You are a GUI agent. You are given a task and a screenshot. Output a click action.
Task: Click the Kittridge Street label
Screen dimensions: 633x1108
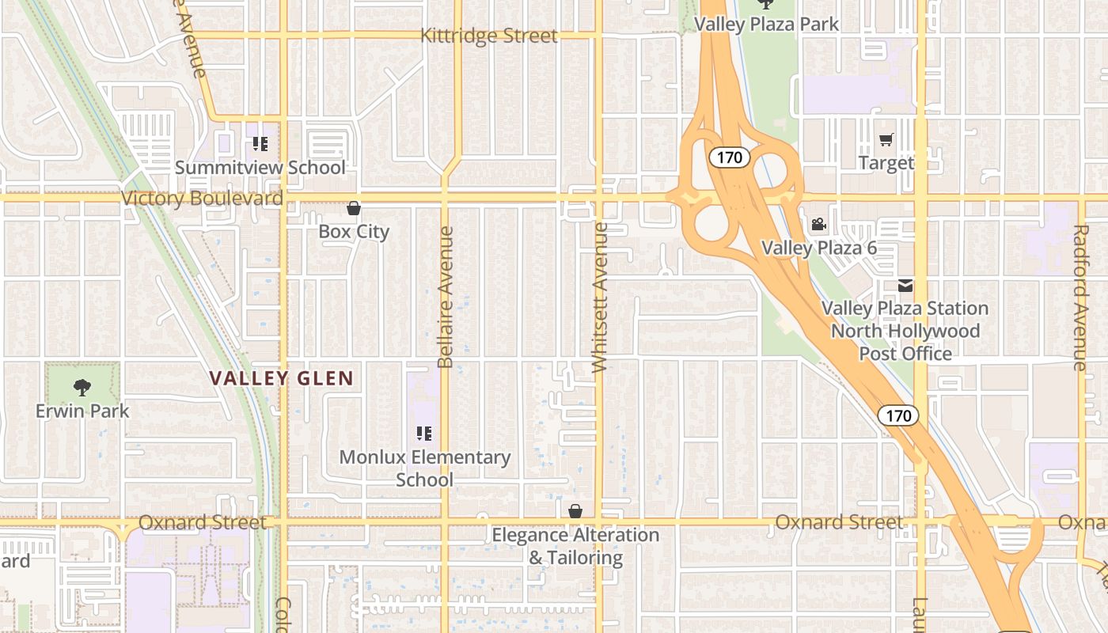coord(489,36)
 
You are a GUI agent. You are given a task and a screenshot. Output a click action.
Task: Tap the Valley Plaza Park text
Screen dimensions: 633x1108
coord(766,25)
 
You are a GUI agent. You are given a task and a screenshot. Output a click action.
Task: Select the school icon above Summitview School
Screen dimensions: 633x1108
coord(260,144)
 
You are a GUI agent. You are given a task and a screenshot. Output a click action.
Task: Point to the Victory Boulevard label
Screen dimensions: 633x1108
coord(202,198)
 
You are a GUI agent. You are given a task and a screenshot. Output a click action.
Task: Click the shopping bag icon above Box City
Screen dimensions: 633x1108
coord(354,209)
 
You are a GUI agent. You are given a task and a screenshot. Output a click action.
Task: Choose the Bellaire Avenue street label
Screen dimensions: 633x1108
coord(446,297)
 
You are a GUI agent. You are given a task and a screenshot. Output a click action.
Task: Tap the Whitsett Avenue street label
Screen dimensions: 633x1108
coord(600,297)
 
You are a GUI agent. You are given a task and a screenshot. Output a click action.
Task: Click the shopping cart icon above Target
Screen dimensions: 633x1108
coord(886,140)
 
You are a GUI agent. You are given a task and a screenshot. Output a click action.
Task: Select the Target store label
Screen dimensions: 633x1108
coord(886,163)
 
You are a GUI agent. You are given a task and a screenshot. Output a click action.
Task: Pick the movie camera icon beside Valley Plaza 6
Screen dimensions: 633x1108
coord(818,225)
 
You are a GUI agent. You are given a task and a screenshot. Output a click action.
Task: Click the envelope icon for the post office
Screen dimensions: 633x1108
coord(905,286)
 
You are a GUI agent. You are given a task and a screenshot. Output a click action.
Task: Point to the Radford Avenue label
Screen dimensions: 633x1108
coord(1080,297)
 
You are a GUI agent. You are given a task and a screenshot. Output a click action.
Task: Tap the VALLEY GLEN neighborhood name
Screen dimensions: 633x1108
coord(282,378)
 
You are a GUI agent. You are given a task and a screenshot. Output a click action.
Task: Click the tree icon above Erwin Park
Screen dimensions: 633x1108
coord(82,388)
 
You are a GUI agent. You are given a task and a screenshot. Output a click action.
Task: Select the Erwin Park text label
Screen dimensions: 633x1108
coord(82,411)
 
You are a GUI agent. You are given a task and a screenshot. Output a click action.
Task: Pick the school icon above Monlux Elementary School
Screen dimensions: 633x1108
coord(424,434)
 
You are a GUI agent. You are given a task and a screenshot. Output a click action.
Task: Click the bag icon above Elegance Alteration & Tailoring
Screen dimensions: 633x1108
coord(575,512)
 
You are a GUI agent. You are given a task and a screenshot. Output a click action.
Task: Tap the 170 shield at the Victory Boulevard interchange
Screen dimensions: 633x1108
coord(729,157)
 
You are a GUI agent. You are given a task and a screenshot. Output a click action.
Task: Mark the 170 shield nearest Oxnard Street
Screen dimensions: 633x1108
coord(898,415)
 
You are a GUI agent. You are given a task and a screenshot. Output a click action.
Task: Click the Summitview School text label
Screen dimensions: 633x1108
coord(260,168)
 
